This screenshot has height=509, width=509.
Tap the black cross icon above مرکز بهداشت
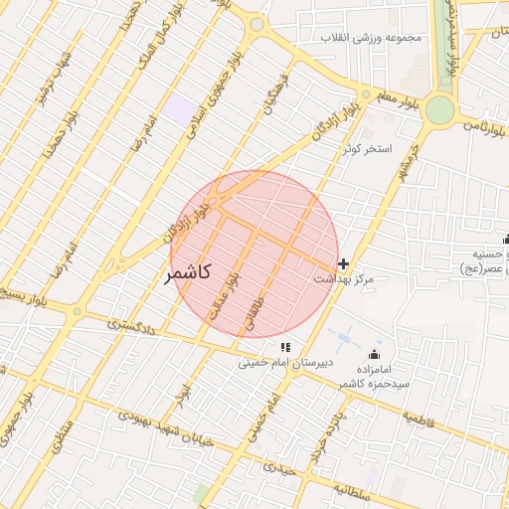[344, 263]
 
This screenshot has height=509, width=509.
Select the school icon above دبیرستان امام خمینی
[285, 347]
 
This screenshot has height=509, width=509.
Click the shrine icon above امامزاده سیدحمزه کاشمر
[375, 354]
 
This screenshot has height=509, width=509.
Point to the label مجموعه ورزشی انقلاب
[371, 38]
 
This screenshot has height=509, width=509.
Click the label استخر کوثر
[368, 149]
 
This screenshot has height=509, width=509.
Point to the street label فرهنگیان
[272, 91]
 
